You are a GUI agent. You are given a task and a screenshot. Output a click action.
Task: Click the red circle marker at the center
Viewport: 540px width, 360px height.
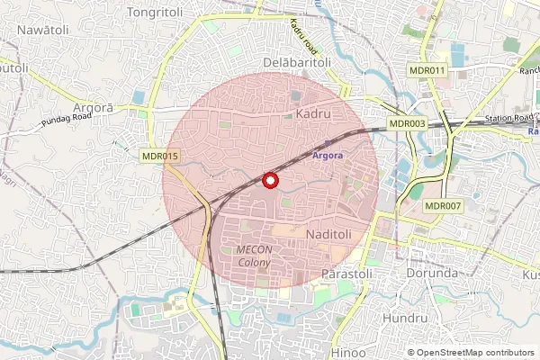pos(269,180)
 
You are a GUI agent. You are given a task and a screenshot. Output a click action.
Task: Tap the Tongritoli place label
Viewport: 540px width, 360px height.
pos(157,12)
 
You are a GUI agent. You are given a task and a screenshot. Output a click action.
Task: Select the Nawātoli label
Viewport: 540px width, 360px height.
pos(44,30)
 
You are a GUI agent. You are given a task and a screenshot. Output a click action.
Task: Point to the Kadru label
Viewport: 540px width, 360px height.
pos(313,114)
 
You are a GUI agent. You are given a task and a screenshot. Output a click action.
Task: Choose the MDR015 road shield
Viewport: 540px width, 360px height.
pos(161,156)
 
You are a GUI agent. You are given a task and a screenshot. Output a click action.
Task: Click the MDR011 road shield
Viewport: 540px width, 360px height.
pos(426,70)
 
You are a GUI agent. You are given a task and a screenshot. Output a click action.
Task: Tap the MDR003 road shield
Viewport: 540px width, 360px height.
pos(407,123)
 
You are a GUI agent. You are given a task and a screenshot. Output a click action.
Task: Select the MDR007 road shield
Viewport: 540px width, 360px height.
pos(443,206)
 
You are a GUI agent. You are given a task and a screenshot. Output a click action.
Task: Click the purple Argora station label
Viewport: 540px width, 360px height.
pos(328,155)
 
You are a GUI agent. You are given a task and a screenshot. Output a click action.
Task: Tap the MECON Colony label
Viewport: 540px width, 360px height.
pos(254,256)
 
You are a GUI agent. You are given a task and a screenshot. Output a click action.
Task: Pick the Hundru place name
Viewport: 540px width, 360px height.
pos(405,319)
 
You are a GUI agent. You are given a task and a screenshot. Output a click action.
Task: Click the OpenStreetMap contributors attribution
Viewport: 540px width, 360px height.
pos(472,352)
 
